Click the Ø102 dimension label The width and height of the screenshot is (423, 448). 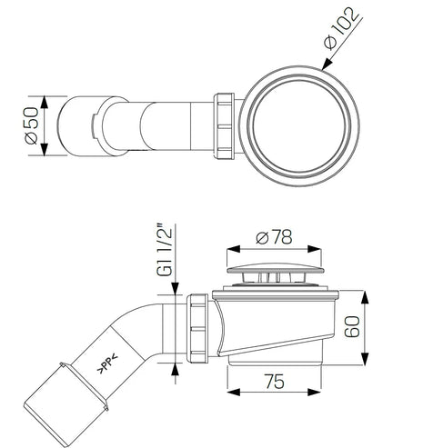pos(341,28)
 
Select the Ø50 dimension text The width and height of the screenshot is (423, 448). pos(32,125)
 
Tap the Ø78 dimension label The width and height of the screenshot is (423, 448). pos(274,237)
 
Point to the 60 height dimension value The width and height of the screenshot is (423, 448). pos(352,326)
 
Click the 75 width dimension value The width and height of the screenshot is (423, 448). pos(275,382)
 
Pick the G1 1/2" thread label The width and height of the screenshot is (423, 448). pos(164,250)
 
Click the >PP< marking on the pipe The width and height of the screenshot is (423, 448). pos(107,363)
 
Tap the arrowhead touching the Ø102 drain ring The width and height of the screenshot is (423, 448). pos(327,64)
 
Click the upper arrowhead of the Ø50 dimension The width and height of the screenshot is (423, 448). pos(45,102)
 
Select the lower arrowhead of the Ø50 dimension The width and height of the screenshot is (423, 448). pos(45,150)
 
